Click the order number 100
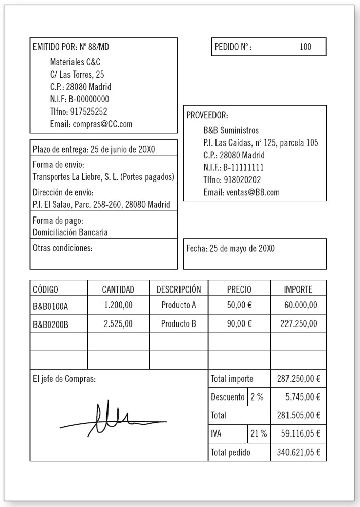click(305, 47)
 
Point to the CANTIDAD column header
click(118, 289)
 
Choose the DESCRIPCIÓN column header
click(178, 289)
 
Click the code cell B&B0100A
click(50, 306)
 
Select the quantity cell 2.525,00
click(118, 323)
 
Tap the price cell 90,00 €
click(239, 323)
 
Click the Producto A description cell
click(178, 305)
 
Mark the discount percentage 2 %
click(257, 397)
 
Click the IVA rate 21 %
click(258, 433)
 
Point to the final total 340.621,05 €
click(299, 452)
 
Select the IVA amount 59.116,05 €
click(299, 433)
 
